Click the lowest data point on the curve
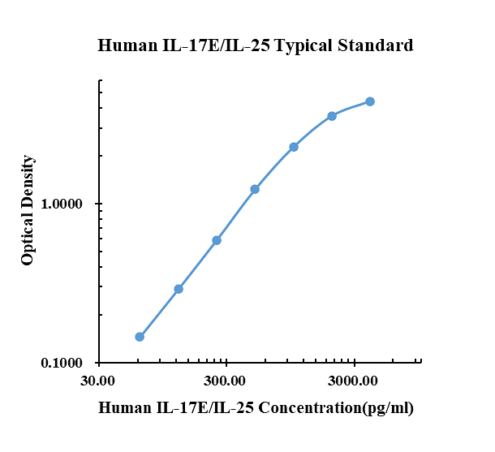140,337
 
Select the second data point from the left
179,289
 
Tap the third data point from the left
217,240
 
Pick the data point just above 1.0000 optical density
255,189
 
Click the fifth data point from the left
294,147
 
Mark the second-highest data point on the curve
332,116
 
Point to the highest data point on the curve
370,101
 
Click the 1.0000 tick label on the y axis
63,204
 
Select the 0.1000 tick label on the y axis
63,364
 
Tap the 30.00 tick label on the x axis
98,381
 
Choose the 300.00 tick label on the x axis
226,381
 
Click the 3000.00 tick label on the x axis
354,381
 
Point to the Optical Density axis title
28,210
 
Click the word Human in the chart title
123,45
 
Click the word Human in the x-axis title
123,408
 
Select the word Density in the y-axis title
28,183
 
